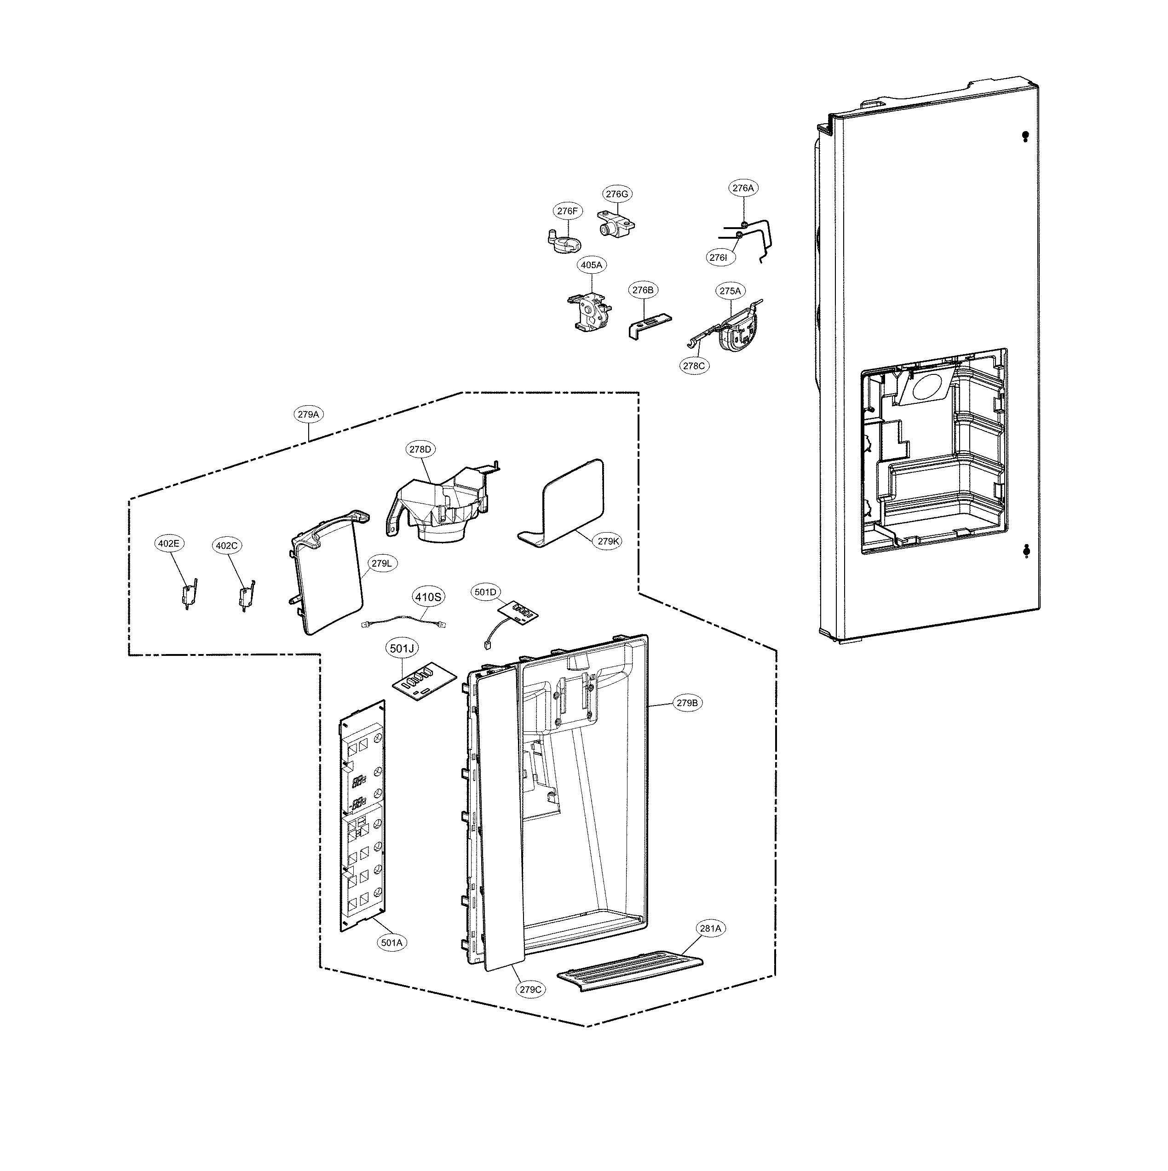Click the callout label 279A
(x=308, y=414)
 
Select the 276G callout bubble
(x=616, y=194)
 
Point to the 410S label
(x=428, y=597)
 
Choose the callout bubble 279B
(x=687, y=703)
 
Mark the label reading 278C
(x=694, y=366)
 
